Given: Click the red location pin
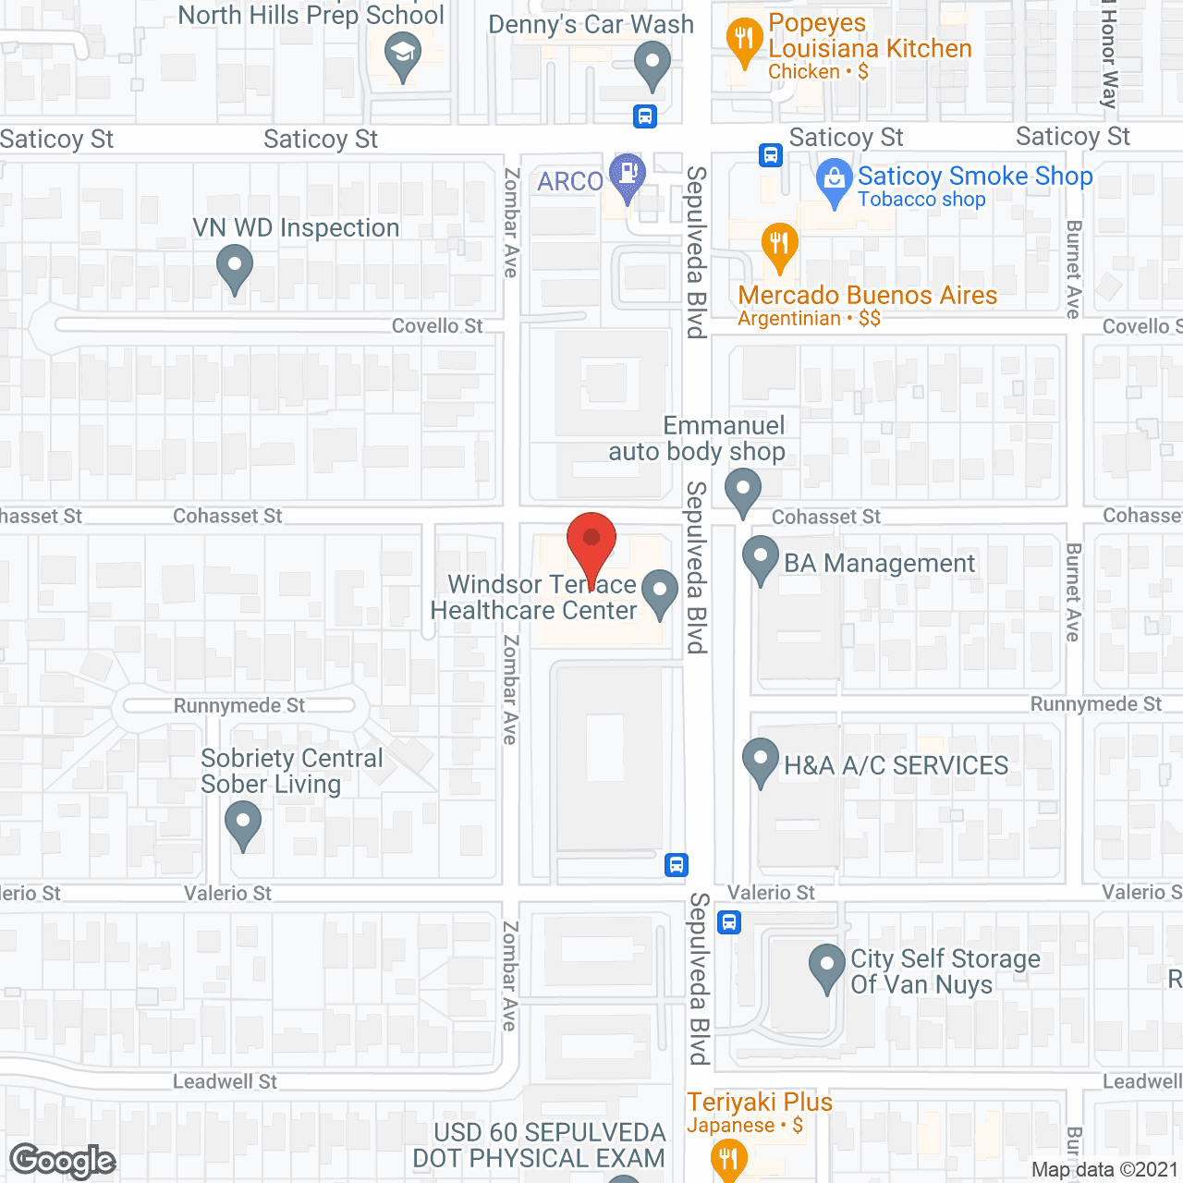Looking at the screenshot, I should click(591, 545).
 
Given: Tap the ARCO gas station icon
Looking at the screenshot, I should click(628, 176).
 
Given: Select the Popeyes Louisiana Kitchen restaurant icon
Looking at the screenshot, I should click(744, 42).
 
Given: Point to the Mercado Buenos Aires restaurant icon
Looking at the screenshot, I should click(780, 246).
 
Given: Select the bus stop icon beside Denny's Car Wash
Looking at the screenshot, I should click(645, 116).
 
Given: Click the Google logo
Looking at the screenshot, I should click(63, 1161).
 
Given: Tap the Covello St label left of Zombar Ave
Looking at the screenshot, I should click(437, 326).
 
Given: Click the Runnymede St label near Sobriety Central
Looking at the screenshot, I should click(239, 706).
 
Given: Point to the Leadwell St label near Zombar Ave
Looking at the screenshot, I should click(226, 1082).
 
